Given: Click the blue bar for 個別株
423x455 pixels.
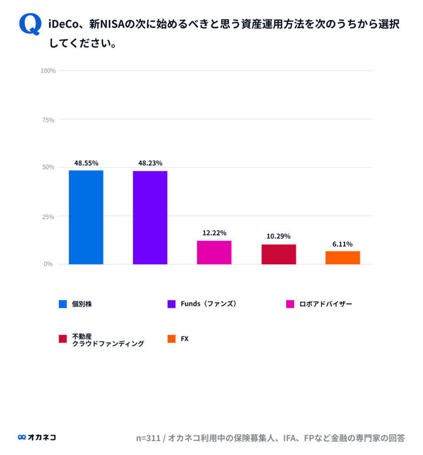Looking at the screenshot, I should point(86,217).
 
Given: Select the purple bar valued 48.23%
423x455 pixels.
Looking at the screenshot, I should point(150,218).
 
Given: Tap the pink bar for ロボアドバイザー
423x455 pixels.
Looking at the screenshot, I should point(214,252).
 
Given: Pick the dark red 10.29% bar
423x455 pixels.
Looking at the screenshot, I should point(278,254).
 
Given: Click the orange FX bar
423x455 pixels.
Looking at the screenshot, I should point(342,258).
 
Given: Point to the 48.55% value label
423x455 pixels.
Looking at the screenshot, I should point(86,163).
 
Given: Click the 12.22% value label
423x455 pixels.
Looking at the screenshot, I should point(214,233).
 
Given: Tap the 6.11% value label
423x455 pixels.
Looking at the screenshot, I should point(342,244).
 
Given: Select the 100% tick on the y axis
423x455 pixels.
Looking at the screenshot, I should point(48,71).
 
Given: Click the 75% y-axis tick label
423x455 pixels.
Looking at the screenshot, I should point(49,120).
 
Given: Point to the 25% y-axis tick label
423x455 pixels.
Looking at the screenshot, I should point(49,216).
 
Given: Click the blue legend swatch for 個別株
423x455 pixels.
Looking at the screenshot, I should point(63,304).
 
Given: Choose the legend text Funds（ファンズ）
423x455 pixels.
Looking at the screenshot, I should point(209,304).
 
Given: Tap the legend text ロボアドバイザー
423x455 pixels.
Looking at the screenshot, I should point(325,304).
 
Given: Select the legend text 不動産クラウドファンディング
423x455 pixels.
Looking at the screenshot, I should point(108,340).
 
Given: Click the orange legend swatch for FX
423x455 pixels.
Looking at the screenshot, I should point(172,339).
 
